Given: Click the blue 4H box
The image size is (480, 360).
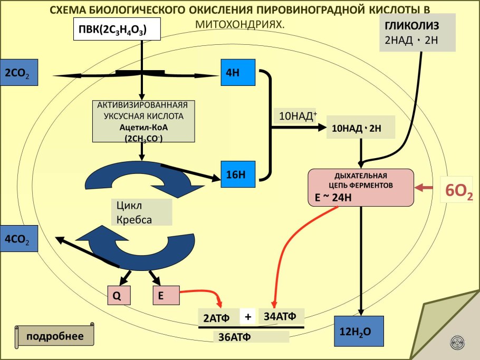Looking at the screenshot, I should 238,73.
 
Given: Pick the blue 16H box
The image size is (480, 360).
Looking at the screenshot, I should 238,174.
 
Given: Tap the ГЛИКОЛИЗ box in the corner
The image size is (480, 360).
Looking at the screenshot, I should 417,33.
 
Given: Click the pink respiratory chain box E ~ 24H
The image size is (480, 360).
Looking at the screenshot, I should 361,187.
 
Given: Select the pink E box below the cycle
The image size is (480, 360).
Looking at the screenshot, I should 166,296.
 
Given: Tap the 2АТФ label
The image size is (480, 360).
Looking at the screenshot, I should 218,318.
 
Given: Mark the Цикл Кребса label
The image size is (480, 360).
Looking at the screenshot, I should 141,212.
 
